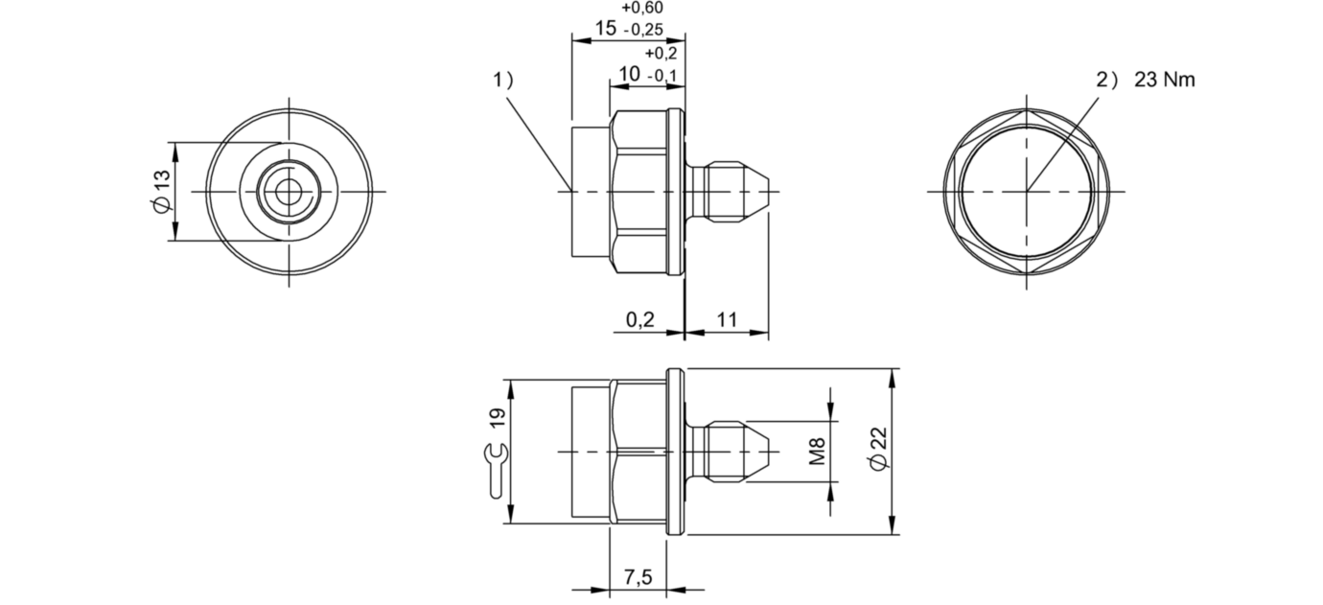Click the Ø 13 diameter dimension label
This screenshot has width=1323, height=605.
tap(161, 191)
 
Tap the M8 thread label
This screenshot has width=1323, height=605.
tap(817, 450)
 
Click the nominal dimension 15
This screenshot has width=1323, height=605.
tap(604, 28)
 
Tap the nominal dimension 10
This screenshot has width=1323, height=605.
tap(629, 74)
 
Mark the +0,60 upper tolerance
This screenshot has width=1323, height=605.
tap(642, 8)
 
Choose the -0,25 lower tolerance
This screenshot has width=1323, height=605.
tap(643, 30)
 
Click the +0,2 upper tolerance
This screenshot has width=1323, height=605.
tap(661, 53)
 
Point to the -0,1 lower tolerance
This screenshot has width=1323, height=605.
tap(662, 76)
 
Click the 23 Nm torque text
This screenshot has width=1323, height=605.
tap(1164, 81)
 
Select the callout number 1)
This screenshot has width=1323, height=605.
tap(504, 81)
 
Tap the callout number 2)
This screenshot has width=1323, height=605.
tap(1107, 81)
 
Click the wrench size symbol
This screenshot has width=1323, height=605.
tap(495, 470)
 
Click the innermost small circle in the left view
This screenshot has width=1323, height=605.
tap(287, 192)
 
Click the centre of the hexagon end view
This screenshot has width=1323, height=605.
tap(1027, 191)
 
